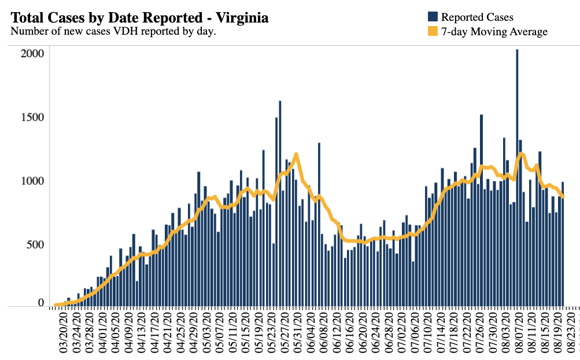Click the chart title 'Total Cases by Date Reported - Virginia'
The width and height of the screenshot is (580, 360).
point(139,18)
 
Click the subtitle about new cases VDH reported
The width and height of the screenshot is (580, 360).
point(113,31)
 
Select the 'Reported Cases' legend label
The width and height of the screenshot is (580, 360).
point(477,17)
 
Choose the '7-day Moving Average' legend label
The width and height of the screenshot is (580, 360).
point(494,32)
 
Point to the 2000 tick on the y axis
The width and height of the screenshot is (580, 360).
point(32,54)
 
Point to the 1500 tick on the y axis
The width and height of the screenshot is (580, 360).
point(32,117)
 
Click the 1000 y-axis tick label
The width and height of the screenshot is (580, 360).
point(32,181)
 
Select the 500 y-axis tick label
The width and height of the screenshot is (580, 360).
point(36,244)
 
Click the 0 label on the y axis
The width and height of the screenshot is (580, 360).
point(40,303)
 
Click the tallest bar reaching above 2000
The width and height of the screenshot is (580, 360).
point(517,173)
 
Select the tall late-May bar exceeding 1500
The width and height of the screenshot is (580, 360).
point(280,202)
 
